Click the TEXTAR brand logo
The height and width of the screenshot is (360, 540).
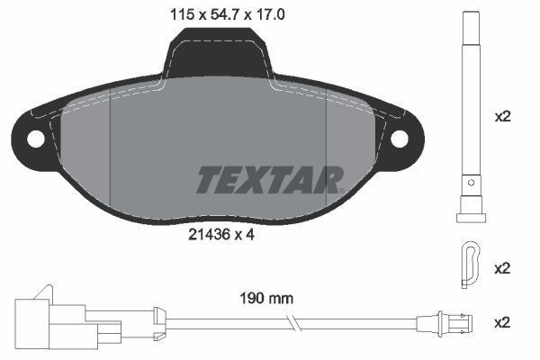269,178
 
